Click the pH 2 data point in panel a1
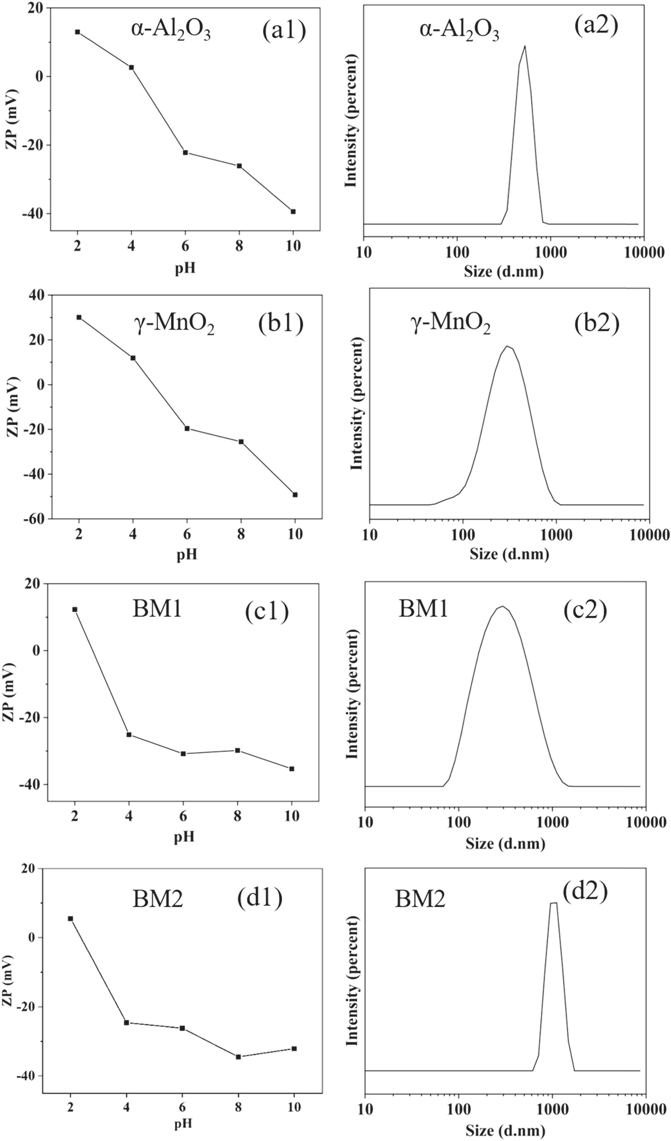tap(77, 32)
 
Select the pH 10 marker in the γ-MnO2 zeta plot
tap(295, 494)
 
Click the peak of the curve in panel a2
tap(525, 46)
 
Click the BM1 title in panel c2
tap(424, 609)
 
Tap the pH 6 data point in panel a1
tap(185, 153)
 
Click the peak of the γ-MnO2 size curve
tap(508, 347)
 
